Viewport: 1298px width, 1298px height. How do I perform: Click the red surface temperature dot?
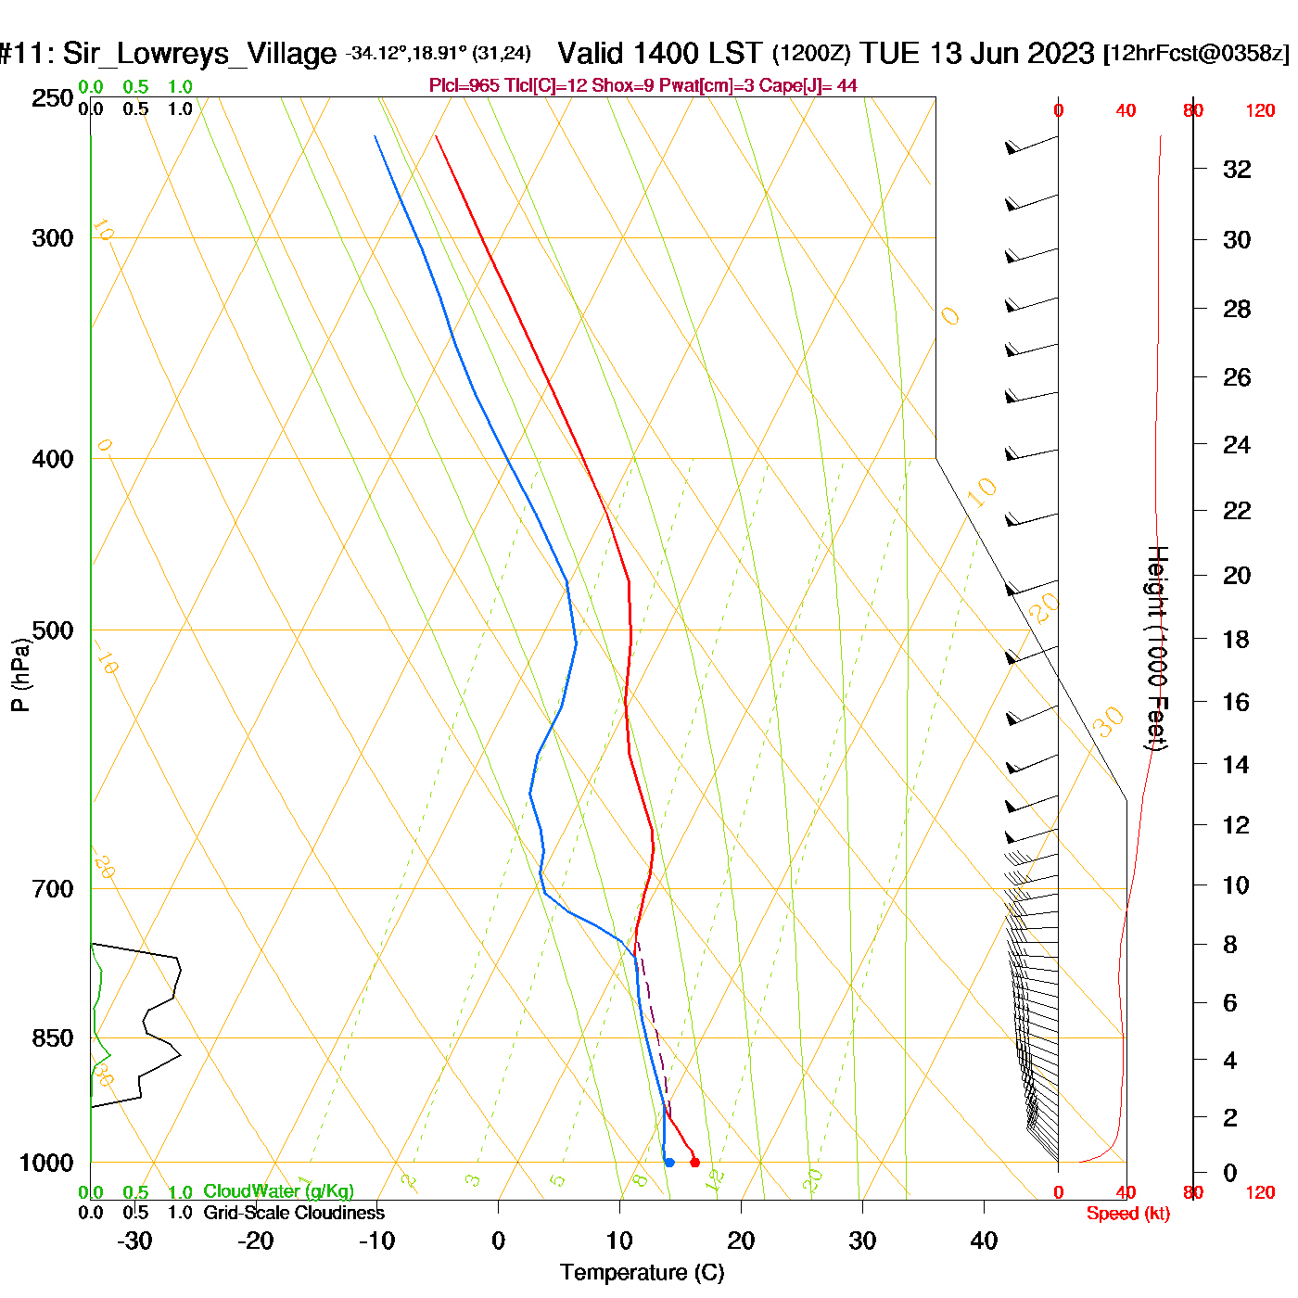pos(694,1163)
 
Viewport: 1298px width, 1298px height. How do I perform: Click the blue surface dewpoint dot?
pos(669,1163)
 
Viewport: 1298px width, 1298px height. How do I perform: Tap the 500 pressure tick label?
pos(53,630)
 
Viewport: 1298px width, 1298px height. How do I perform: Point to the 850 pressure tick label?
pos(53,1038)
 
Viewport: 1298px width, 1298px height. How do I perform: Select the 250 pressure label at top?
pos(53,98)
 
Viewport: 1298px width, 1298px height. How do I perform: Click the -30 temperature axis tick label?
pos(135,1241)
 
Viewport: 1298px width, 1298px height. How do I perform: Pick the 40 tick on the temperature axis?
pos(984,1241)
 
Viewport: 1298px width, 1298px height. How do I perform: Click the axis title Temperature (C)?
pos(642,1273)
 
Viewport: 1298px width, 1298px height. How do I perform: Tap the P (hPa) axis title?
pos(20,675)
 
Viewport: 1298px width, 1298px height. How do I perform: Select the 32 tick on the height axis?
pos(1237,170)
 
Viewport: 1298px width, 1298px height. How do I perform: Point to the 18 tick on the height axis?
pos(1236,639)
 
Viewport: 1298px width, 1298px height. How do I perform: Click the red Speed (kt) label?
pos(1127,1214)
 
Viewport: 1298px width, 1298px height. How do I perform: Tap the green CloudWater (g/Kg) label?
pos(278,1191)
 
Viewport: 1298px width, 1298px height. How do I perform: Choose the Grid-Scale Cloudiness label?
pos(294,1213)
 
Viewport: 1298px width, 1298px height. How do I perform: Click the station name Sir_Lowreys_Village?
pos(199,54)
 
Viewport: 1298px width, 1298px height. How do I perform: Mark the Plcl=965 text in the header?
pos(464,86)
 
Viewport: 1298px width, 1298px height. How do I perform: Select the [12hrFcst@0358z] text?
pos(1196,54)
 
